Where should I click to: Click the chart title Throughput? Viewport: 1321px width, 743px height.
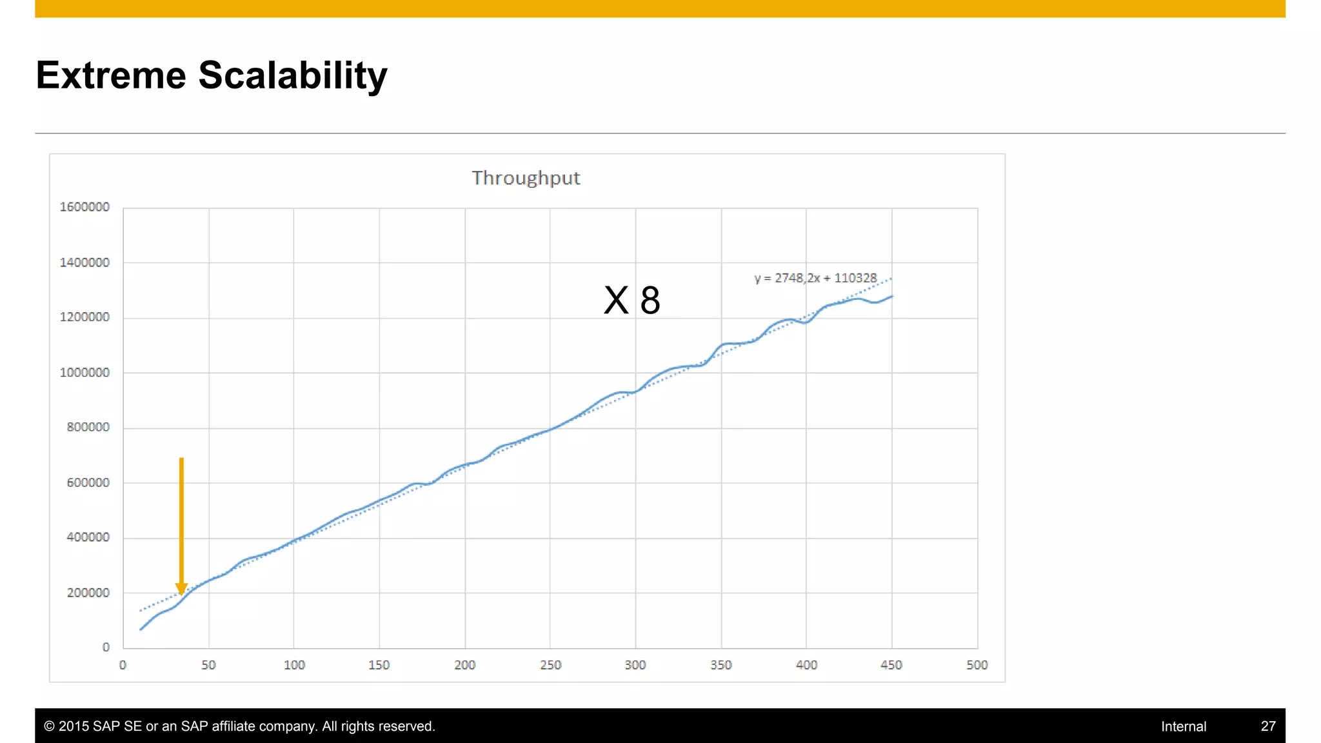point(526,178)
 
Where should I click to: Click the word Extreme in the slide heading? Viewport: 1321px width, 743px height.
point(111,75)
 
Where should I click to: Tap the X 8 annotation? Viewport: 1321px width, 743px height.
point(631,300)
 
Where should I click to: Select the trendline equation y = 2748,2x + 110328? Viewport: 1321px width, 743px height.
point(815,278)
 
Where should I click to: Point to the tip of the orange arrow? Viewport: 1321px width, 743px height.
point(181,593)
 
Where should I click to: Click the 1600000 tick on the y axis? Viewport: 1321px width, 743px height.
point(84,207)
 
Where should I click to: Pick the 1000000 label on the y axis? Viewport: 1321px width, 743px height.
point(84,373)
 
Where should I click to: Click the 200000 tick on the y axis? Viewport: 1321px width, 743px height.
point(88,593)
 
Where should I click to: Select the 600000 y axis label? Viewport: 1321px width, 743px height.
point(88,482)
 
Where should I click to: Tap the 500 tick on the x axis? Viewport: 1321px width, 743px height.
point(977,665)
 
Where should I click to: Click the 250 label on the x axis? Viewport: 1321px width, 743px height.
point(550,665)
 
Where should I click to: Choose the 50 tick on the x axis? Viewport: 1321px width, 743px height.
point(208,665)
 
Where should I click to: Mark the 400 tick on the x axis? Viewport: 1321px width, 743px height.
point(806,665)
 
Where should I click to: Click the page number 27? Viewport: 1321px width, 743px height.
point(1267,726)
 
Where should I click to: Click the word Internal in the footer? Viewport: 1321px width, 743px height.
point(1183,726)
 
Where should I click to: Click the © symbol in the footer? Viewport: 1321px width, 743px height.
point(49,726)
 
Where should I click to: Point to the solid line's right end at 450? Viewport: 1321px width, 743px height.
point(892,297)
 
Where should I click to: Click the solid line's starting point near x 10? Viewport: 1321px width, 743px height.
point(141,629)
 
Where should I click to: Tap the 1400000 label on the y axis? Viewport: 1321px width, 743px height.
point(84,263)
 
